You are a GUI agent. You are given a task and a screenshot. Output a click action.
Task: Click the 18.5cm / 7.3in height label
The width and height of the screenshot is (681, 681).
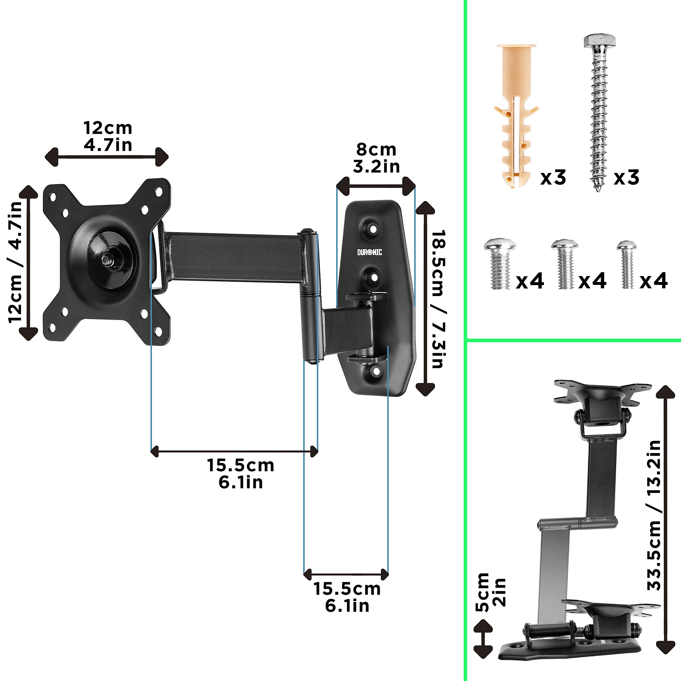[x=439, y=300]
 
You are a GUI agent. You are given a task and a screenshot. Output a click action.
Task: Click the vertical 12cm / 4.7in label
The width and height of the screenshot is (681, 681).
[x=16, y=263]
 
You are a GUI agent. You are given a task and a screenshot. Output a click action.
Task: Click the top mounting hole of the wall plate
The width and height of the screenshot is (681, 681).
[x=373, y=229]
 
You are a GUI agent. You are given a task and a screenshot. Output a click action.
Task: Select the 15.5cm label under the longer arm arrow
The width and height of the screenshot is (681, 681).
[x=240, y=474]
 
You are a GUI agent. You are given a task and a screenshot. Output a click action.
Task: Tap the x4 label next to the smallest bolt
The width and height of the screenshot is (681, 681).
[x=653, y=281]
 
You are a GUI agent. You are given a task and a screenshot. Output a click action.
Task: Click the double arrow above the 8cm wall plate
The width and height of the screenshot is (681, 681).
[x=376, y=186]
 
